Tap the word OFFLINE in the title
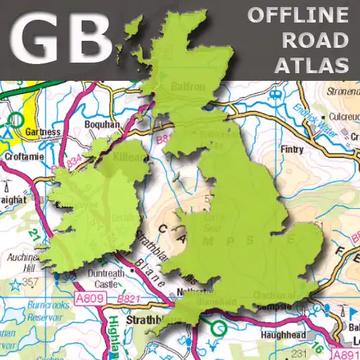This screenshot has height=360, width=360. (x=299, y=14)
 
